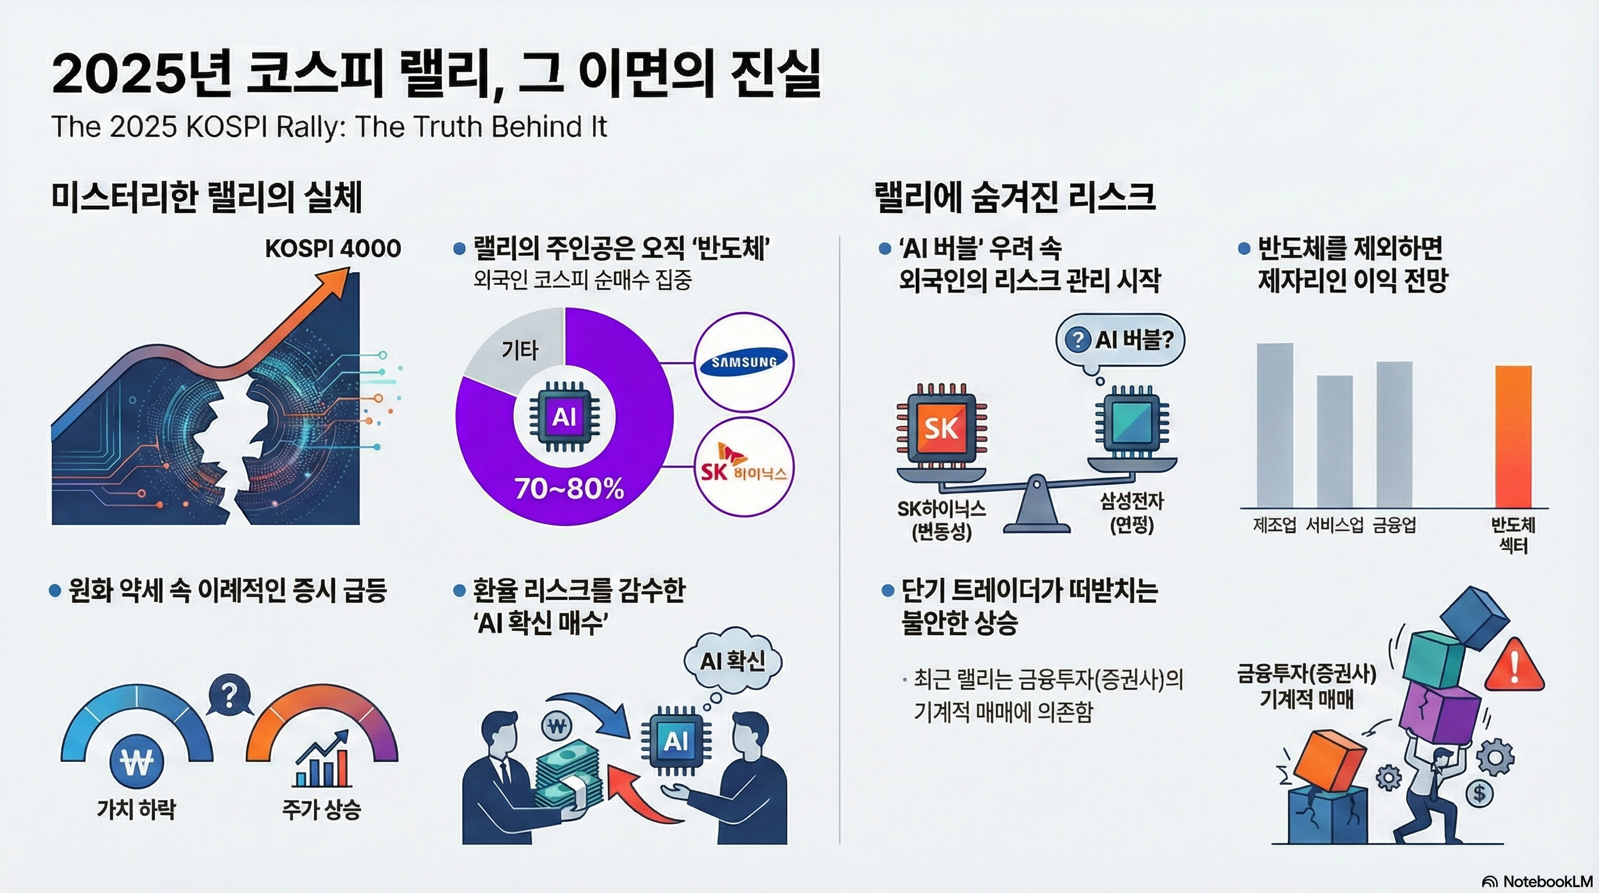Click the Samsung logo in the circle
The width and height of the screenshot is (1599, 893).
(x=744, y=362)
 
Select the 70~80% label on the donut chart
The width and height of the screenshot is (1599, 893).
(x=569, y=490)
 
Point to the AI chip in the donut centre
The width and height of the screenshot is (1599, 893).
(x=564, y=417)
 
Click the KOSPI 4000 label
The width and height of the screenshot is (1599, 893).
(x=333, y=248)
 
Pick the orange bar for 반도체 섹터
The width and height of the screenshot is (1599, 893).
(x=1514, y=437)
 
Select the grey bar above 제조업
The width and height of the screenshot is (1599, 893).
(x=1275, y=426)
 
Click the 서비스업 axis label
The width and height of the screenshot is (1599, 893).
(x=1335, y=526)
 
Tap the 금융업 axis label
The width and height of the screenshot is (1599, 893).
(x=1394, y=526)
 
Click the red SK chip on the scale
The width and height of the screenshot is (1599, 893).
(x=942, y=427)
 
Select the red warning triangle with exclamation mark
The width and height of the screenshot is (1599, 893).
(x=1514, y=666)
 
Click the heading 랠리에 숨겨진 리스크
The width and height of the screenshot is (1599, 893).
(x=1015, y=197)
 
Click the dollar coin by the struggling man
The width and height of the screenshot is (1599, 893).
(x=1479, y=794)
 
